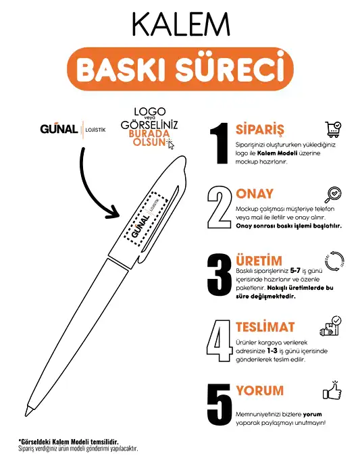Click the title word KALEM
click(x=180, y=25)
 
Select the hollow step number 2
click(x=220, y=206)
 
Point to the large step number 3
click(x=220, y=275)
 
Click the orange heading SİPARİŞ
click(x=260, y=129)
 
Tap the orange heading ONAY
click(x=255, y=194)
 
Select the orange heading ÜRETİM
click(x=259, y=261)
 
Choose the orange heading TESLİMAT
click(x=265, y=327)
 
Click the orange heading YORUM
click(x=259, y=391)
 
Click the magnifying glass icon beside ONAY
click(x=333, y=195)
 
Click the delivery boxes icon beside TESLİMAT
click(x=332, y=325)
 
